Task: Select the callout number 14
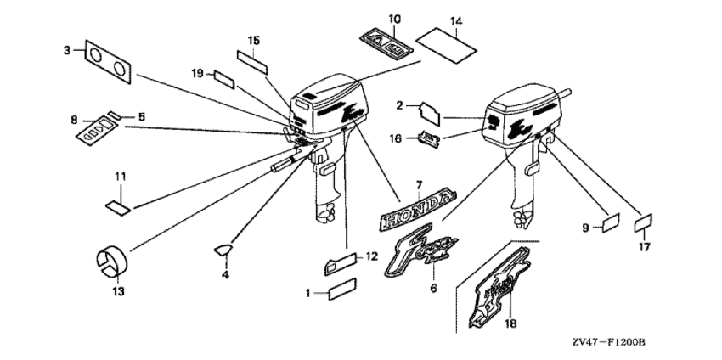point(455,20)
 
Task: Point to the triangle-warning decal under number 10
point(384,41)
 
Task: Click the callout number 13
point(117,291)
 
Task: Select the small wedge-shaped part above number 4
point(223,249)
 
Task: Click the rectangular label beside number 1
point(343,293)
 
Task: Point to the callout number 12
point(372,256)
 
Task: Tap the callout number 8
point(72,121)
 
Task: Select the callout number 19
point(197,75)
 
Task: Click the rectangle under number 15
point(252,59)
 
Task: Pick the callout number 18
point(510,323)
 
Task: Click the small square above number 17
point(644,223)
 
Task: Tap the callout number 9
point(585,228)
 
